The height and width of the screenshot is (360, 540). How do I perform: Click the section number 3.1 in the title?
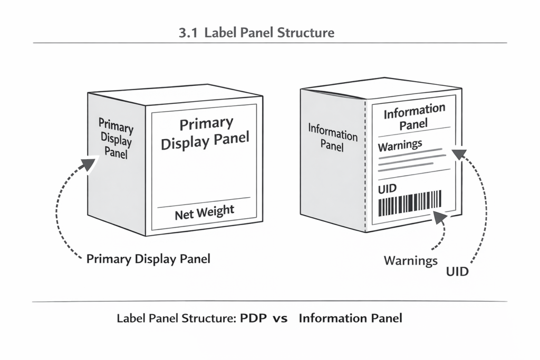click(188, 33)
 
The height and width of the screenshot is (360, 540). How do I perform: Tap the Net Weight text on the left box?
click(204, 211)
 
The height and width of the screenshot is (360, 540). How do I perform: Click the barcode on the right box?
click(410, 204)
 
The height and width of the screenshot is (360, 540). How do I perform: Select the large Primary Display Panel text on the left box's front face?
click(205, 133)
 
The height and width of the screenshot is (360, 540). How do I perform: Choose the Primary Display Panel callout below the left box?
click(148, 259)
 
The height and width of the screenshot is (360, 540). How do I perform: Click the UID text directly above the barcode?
click(388, 188)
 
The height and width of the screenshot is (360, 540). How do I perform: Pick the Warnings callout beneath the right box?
click(411, 260)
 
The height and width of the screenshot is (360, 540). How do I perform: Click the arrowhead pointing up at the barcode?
click(437, 216)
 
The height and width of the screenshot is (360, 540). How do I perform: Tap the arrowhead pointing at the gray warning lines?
click(458, 154)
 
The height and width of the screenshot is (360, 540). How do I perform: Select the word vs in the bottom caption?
click(279, 319)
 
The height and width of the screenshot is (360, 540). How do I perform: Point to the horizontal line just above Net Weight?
click(204, 202)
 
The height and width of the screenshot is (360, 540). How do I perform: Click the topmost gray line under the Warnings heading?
click(411, 152)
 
